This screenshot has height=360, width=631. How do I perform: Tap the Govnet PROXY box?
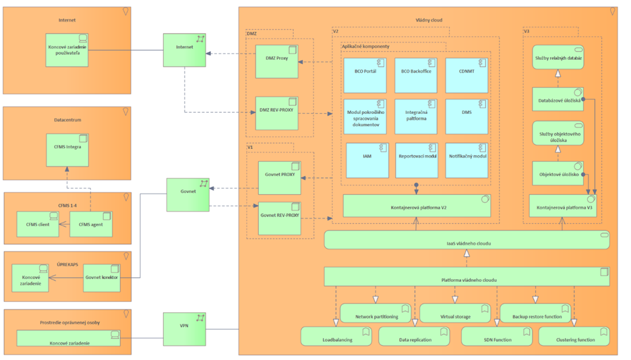click(x=279, y=177)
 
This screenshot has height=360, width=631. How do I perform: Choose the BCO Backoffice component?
click(x=416, y=76)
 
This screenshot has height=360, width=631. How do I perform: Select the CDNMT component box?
click(x=467, y=76)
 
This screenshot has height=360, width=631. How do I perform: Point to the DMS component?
click(x=467, y=117)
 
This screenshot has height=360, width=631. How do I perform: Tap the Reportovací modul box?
click(x=416, y=160)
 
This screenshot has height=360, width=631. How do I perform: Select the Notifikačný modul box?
click(x=467, y=160)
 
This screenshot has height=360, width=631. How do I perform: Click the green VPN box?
click(x=184, y=328)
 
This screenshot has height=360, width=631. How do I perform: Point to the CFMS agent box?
click(x=90, y=224)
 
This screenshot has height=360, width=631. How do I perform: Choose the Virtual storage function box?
click(x=454, y=313)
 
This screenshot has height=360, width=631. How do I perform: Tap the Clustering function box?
click(x=574, y=336)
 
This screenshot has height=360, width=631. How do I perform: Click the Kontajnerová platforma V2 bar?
click(x=417, y=206)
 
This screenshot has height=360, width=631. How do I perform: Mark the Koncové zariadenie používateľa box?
click(x=67, y=50)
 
